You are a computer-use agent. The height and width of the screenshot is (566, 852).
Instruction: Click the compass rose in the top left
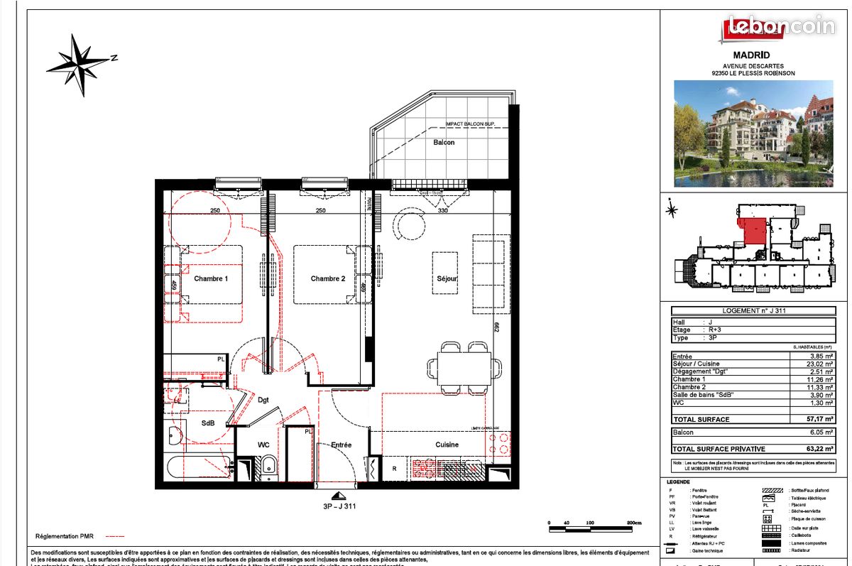[77, 65]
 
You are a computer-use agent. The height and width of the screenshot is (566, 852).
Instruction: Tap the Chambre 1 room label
[211, 279]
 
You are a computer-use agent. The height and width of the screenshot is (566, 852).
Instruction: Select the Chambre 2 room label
[327, 279]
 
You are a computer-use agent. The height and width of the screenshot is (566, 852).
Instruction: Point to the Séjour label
[447, 279]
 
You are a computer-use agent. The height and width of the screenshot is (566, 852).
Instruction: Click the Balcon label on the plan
[444, 143]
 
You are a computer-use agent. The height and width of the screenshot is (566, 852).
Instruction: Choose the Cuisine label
[447, 445]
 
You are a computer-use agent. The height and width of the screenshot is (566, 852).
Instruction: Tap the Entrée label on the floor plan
[341, 445]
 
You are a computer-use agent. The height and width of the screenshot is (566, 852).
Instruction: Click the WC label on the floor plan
[263, 445]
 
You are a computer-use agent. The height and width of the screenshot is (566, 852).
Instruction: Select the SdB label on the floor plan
[207, 423]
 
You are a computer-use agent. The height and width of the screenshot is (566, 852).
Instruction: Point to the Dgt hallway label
[264, 400]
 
